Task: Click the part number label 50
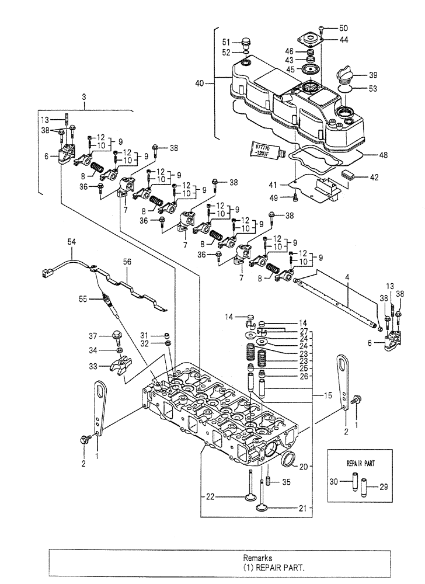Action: pos(343,27)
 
